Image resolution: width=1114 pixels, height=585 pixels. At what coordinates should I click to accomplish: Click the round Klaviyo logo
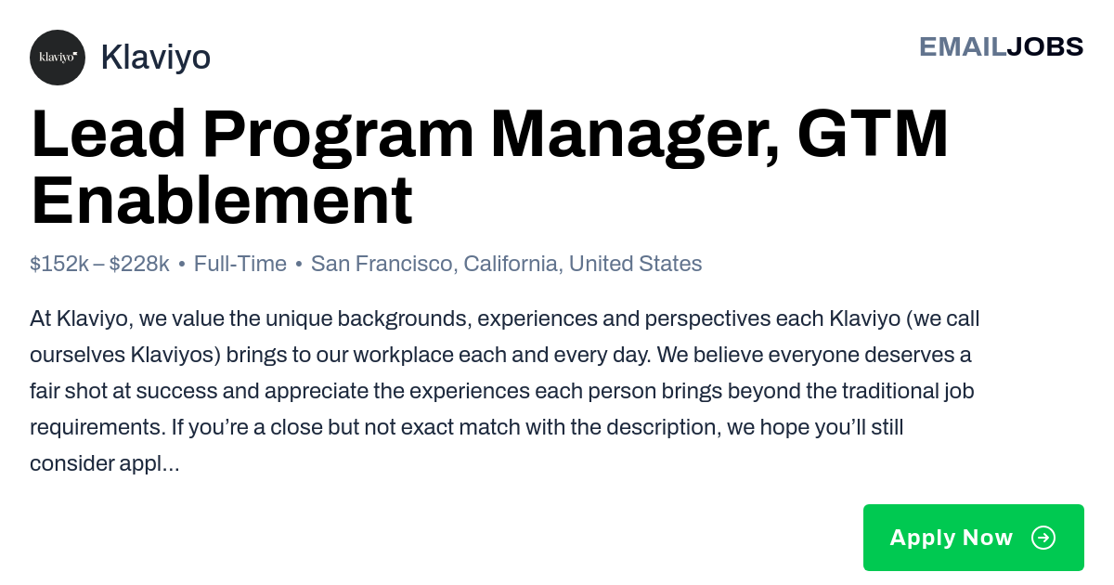(x=58, y=58)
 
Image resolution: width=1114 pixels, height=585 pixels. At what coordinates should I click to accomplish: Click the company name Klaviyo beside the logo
(x=156, y=58)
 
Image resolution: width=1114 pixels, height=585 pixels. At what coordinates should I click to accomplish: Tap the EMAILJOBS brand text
(x=1001, y=46)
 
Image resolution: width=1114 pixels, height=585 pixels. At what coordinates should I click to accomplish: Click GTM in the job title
(x=873, y=134)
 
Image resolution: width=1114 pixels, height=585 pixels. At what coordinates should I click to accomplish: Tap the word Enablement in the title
(x=222, y=201)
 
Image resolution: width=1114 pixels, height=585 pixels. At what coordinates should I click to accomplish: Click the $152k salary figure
(x=59, y=264)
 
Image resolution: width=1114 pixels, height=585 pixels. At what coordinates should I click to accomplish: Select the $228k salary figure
(x=139, y=264)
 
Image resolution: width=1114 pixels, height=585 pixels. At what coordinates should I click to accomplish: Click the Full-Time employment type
(x=240, y=264)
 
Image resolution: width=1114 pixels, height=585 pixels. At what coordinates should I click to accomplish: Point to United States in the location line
(x=636, y=264)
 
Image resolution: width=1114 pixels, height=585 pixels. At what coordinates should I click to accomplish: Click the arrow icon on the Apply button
(x=1043, y=538)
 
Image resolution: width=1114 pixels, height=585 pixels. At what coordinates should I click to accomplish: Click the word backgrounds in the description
(x=405, y=318)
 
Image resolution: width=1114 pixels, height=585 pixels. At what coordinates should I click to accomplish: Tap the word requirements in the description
(x=97, y=427)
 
